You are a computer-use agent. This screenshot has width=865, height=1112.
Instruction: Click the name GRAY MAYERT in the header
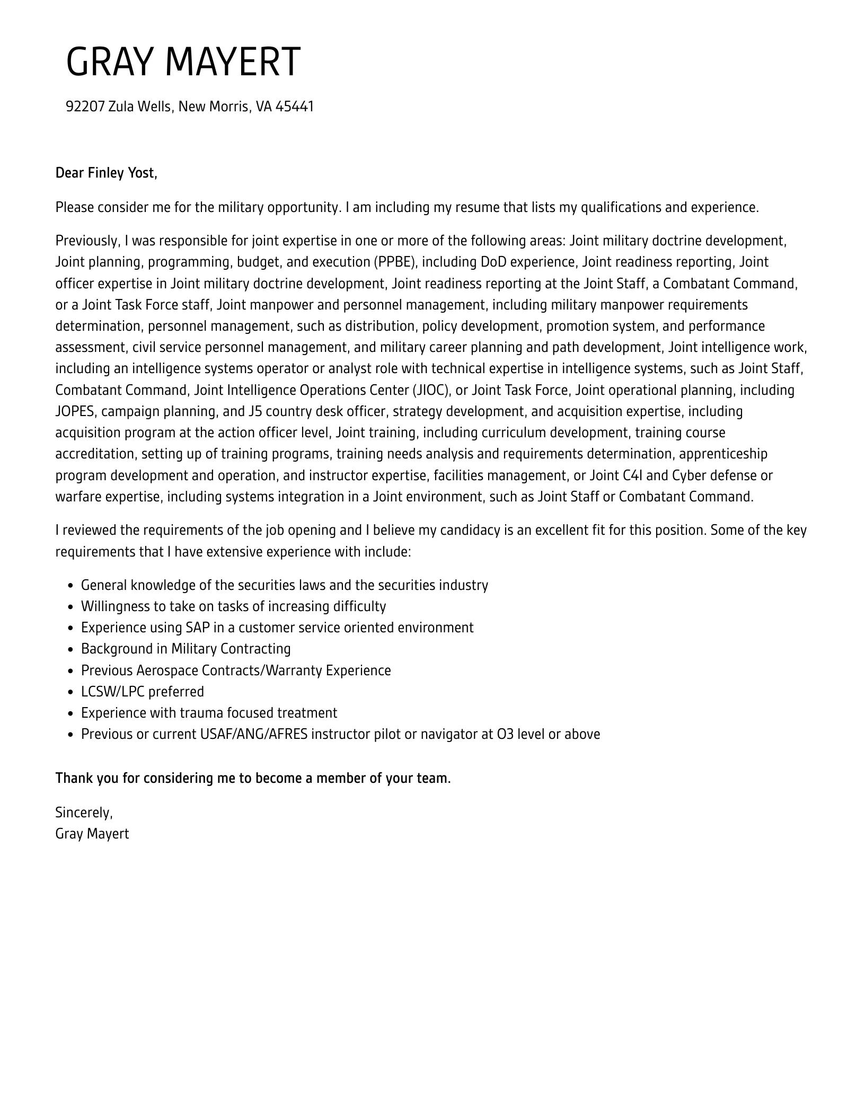click(x=183, y=62)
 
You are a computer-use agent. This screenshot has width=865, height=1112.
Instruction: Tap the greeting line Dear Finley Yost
click(x=106, y=173)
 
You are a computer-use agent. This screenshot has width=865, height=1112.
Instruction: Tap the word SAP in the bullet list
click(x=197, y=628)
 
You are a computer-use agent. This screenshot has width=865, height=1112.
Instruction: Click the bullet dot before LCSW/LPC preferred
click(x=70, y=692)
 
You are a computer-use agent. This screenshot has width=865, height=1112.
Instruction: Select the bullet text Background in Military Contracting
click(x=186, y=649)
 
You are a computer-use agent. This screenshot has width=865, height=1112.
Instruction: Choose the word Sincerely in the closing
click(x=83, y=812)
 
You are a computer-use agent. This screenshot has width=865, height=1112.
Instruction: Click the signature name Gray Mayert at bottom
click(x=92, y=834)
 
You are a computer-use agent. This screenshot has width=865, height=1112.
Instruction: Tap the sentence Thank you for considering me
click(x=253, y=778)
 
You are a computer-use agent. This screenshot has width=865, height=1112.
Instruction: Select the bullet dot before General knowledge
click(x=70, y=586)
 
